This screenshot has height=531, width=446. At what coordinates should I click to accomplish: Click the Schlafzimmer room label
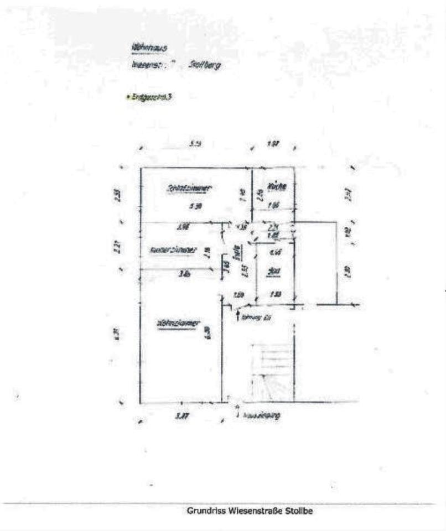tap(190, 188)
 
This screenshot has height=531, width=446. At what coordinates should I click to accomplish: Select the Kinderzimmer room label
tap(173, 250)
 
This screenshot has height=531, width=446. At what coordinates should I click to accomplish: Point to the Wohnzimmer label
tap(178, 323)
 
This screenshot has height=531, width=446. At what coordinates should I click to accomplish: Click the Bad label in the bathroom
tap(273, 271)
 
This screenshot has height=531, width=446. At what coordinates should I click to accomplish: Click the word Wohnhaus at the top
tap(146, 49)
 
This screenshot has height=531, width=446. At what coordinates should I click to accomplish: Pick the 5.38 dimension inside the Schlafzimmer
tap(194, 206)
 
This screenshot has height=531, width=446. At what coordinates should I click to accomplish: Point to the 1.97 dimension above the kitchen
tap(272, 144)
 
